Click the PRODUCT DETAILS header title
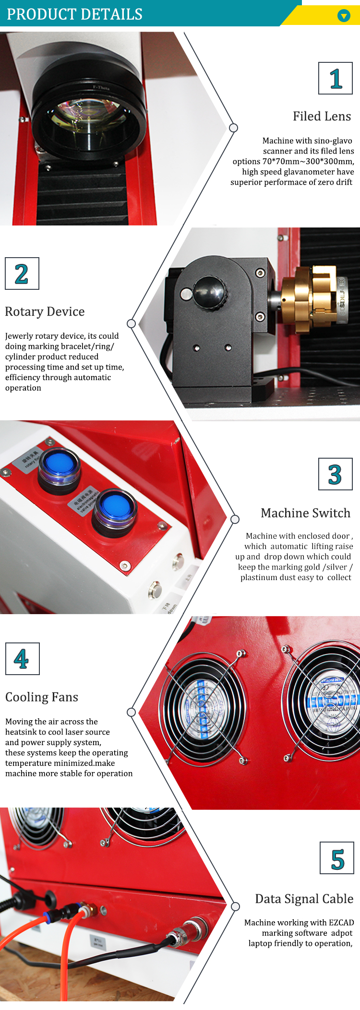tap(74, 14)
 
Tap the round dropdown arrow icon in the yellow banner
tap(344, 16)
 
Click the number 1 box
tap(336, 78)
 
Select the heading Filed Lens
tap(322, 117)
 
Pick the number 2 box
tap(22, 273)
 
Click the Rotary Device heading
tap(45, 312)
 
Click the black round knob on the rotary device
tap(209, 291)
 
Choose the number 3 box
tap(335, 474)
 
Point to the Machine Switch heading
tap(305, 513)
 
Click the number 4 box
tap(22, 659)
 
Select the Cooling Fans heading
tap(42, 697)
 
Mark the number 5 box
tap(337, 858)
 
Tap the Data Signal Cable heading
tap(304, 899)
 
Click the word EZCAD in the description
tap(341, 923)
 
